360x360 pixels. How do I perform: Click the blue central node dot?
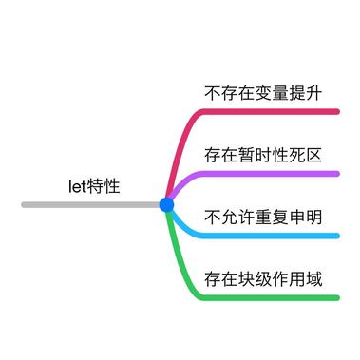pyautogui.click(x=167, y=204)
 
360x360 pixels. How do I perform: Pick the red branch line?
pyautogui.click(x=266, y=111)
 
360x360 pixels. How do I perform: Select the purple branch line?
pyautogui.click(x=266, y=173)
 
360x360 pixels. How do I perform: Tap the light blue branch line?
pyautogui.click(x=266, y=236)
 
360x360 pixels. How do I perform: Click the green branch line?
pyautogui.click(x=266, y=297)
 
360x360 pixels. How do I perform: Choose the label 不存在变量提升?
pyautogui.click(x=263, y=93)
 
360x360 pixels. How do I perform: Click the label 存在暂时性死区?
pyautogui.click(x=263, y=154)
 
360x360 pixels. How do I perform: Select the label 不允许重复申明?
pyautogui.click(x=263, y=217)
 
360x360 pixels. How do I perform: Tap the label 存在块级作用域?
pyautogui.click(x=263, y=279)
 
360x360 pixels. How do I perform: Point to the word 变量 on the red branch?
pyautogui.click(x=271, y=93)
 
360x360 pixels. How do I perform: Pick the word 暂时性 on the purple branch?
pyautogui.click(x=263, y=154)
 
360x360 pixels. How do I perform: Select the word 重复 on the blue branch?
pyautogui.click(x=271, y=217)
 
